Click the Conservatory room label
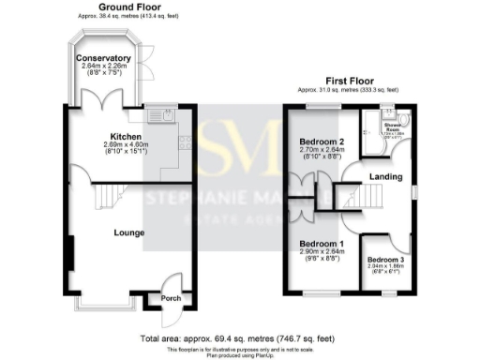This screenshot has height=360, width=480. tap(104, 57)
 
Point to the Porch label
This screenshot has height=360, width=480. tap(171, 299)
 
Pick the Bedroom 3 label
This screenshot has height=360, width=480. tap(384, 259)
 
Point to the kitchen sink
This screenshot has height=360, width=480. tap(167, 116)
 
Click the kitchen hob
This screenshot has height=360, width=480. tap(185, 143)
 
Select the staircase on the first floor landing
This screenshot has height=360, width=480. tap(366, 197)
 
